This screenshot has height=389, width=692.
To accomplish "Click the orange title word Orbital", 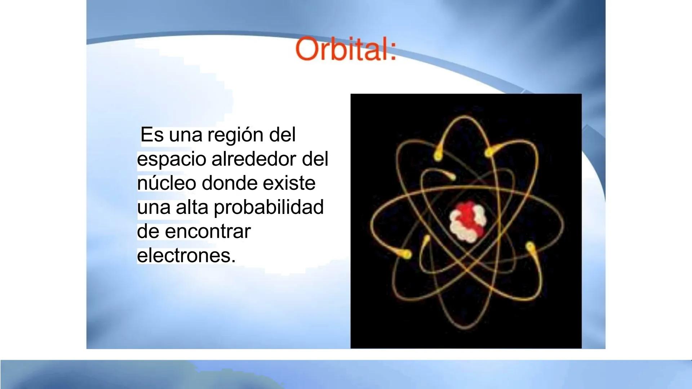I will click(x=345, y=50).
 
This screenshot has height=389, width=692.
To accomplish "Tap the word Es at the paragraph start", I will click(x=151, y=135).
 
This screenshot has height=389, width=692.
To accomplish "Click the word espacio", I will click(x=172, y=160).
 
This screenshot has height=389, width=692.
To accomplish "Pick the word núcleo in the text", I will click(x=167, y=183).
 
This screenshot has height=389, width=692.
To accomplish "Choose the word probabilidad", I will click(x=269, y=208).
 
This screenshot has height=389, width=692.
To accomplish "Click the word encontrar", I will click(x=208, y=231).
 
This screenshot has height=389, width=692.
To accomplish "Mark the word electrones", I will click(x=186, y=255).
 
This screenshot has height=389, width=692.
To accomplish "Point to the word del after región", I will click(x=283, y=135).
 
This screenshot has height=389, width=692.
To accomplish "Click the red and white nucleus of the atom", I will click(x=467, y=222).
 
